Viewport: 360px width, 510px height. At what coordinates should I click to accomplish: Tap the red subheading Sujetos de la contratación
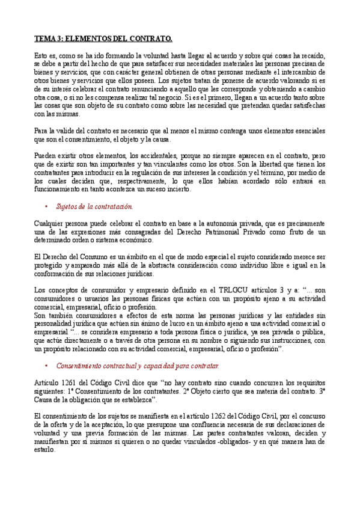94,207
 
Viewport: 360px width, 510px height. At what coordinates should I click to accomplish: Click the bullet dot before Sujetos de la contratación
46,207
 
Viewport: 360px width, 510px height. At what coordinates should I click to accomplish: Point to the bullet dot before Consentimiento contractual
46,366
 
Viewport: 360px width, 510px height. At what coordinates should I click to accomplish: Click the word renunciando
162,88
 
